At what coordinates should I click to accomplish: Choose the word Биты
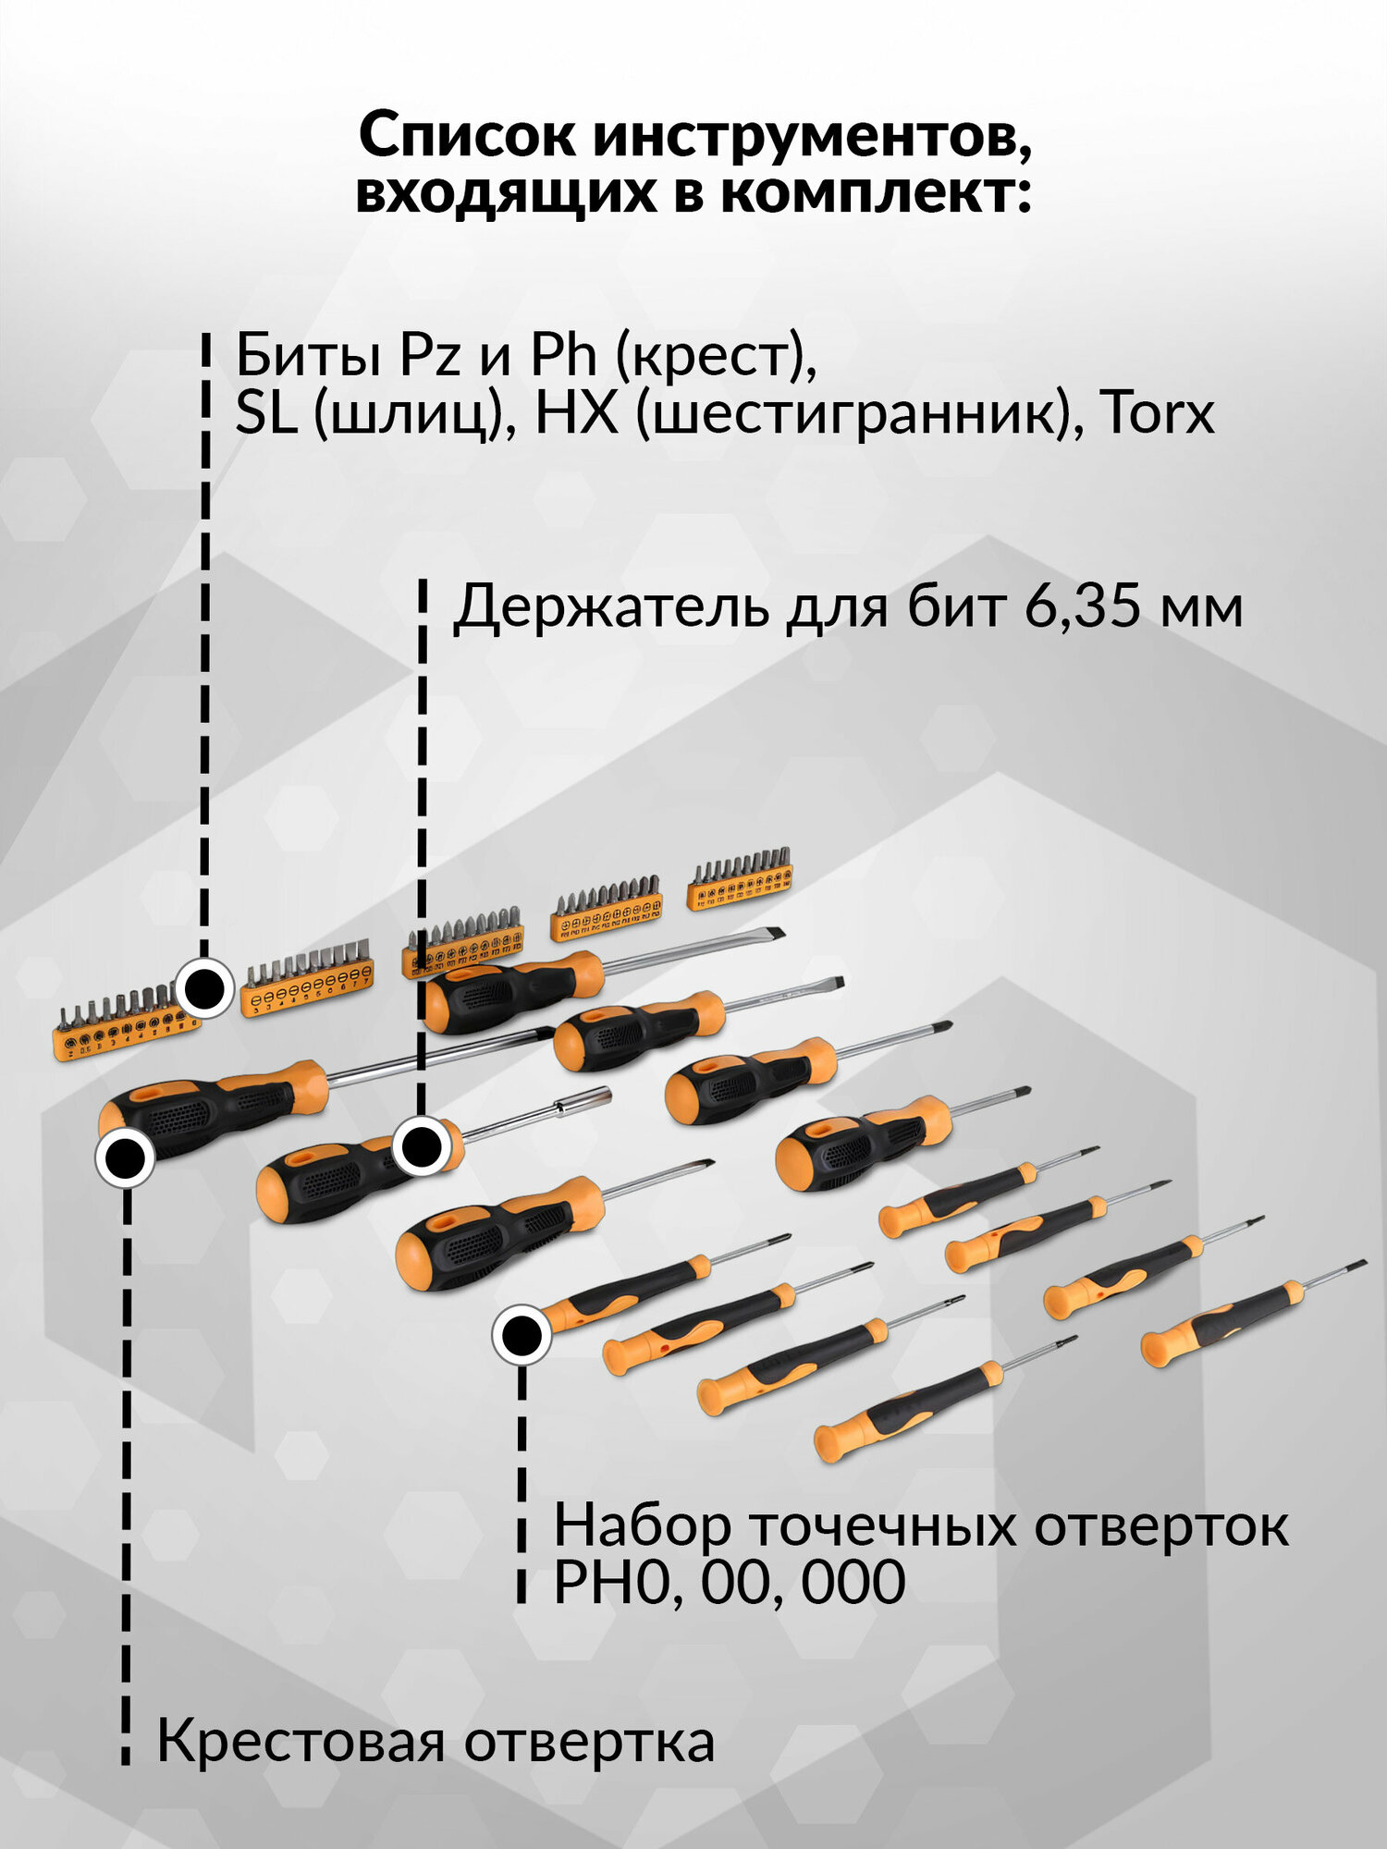pyautogui.click(x=308, y=356)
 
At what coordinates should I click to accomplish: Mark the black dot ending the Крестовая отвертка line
pyautogui.click(x=125, y=1157)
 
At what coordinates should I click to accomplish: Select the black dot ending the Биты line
pyautogui.click(x=203, y=988)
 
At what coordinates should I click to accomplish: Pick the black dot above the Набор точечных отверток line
pyautogui.click(x=522, y=1335)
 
